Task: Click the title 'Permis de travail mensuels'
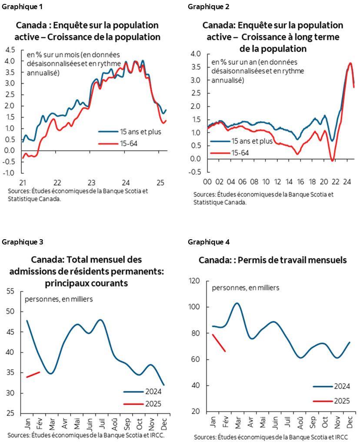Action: pyautogui.click(x=273, y=260)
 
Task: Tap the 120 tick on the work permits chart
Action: pyautogui.click(x=194, y=281)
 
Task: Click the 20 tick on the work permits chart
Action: pyautogui.click(x=196, y=412)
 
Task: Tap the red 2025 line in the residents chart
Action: pyautogui.click(x=33, y=375)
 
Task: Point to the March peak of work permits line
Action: pyautogui.click(x=237, y=303)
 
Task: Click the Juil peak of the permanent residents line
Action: pyautogui.click(x=100, y=320)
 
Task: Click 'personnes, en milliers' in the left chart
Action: pyautogui.click(x=59, y=299)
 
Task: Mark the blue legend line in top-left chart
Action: pyautogui.click(x=108, y=131)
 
